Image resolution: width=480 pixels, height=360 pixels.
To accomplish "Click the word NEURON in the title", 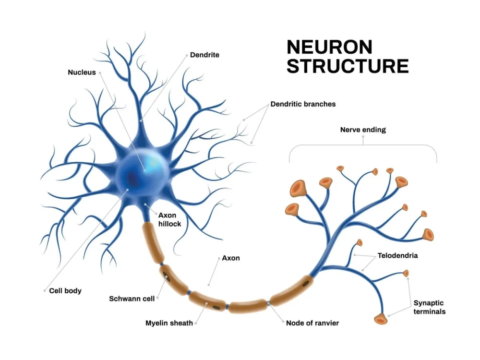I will tap(329, 47).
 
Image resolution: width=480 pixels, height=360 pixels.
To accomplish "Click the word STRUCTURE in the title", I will tap(348, 66).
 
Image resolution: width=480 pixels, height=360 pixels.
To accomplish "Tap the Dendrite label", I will tap(204, 55).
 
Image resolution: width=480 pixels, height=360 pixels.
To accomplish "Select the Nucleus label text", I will tap(82, 72).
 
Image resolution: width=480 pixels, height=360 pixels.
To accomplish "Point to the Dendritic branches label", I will tap(303, 104).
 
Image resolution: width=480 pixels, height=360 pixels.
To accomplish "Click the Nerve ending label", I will tap(363, 130).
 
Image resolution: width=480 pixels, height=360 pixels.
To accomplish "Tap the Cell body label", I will tap(65, 290).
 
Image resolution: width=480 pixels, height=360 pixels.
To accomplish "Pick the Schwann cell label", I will tap(132, 299).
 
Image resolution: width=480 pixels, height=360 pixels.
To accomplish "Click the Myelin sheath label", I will tap(169, 323).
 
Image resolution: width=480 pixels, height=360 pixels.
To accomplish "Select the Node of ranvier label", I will tap(312, 323).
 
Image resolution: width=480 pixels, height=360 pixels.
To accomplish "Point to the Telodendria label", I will tap(397, 255).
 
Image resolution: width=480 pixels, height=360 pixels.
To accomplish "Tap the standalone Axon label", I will tap(231, 258).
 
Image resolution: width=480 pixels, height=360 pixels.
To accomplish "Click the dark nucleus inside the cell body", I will tap(132, 180).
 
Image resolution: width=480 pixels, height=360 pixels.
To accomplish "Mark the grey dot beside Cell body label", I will tap(44, 290).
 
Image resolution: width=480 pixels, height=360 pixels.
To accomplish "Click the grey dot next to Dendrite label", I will tap(186, 55).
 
